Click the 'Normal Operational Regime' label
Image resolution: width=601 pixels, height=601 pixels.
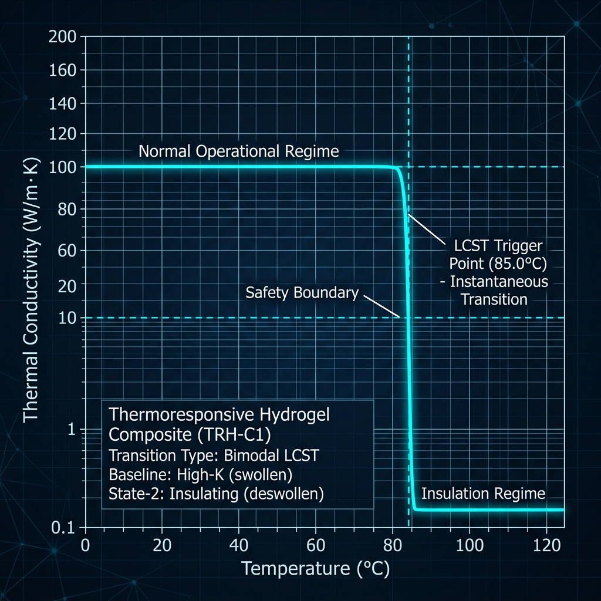pyautogui.click(x=238, y=151)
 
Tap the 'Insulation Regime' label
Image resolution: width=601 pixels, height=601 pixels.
pyautogui.click(x=483, y=494)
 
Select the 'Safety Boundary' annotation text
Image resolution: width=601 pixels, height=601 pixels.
pyautogui.click(x=302, y=293)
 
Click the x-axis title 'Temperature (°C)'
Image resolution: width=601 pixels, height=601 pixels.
pyautogui.click(x=315, y=569)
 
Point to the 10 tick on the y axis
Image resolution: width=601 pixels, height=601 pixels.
pyautogui.click(x=68, y=319)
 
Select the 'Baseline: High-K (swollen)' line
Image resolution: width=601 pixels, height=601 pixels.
pyautogui.click(x=201, y=474)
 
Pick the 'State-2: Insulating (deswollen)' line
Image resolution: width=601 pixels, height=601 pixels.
pyautogui.click(x=216, y=494)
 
